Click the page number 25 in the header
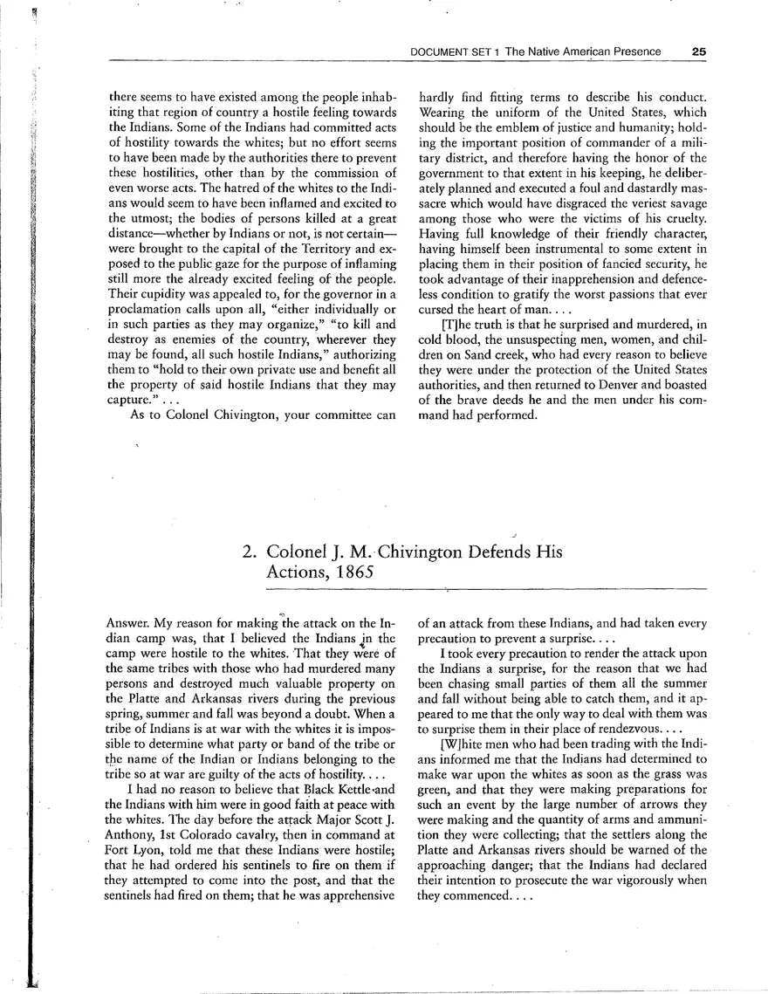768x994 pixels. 697,51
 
